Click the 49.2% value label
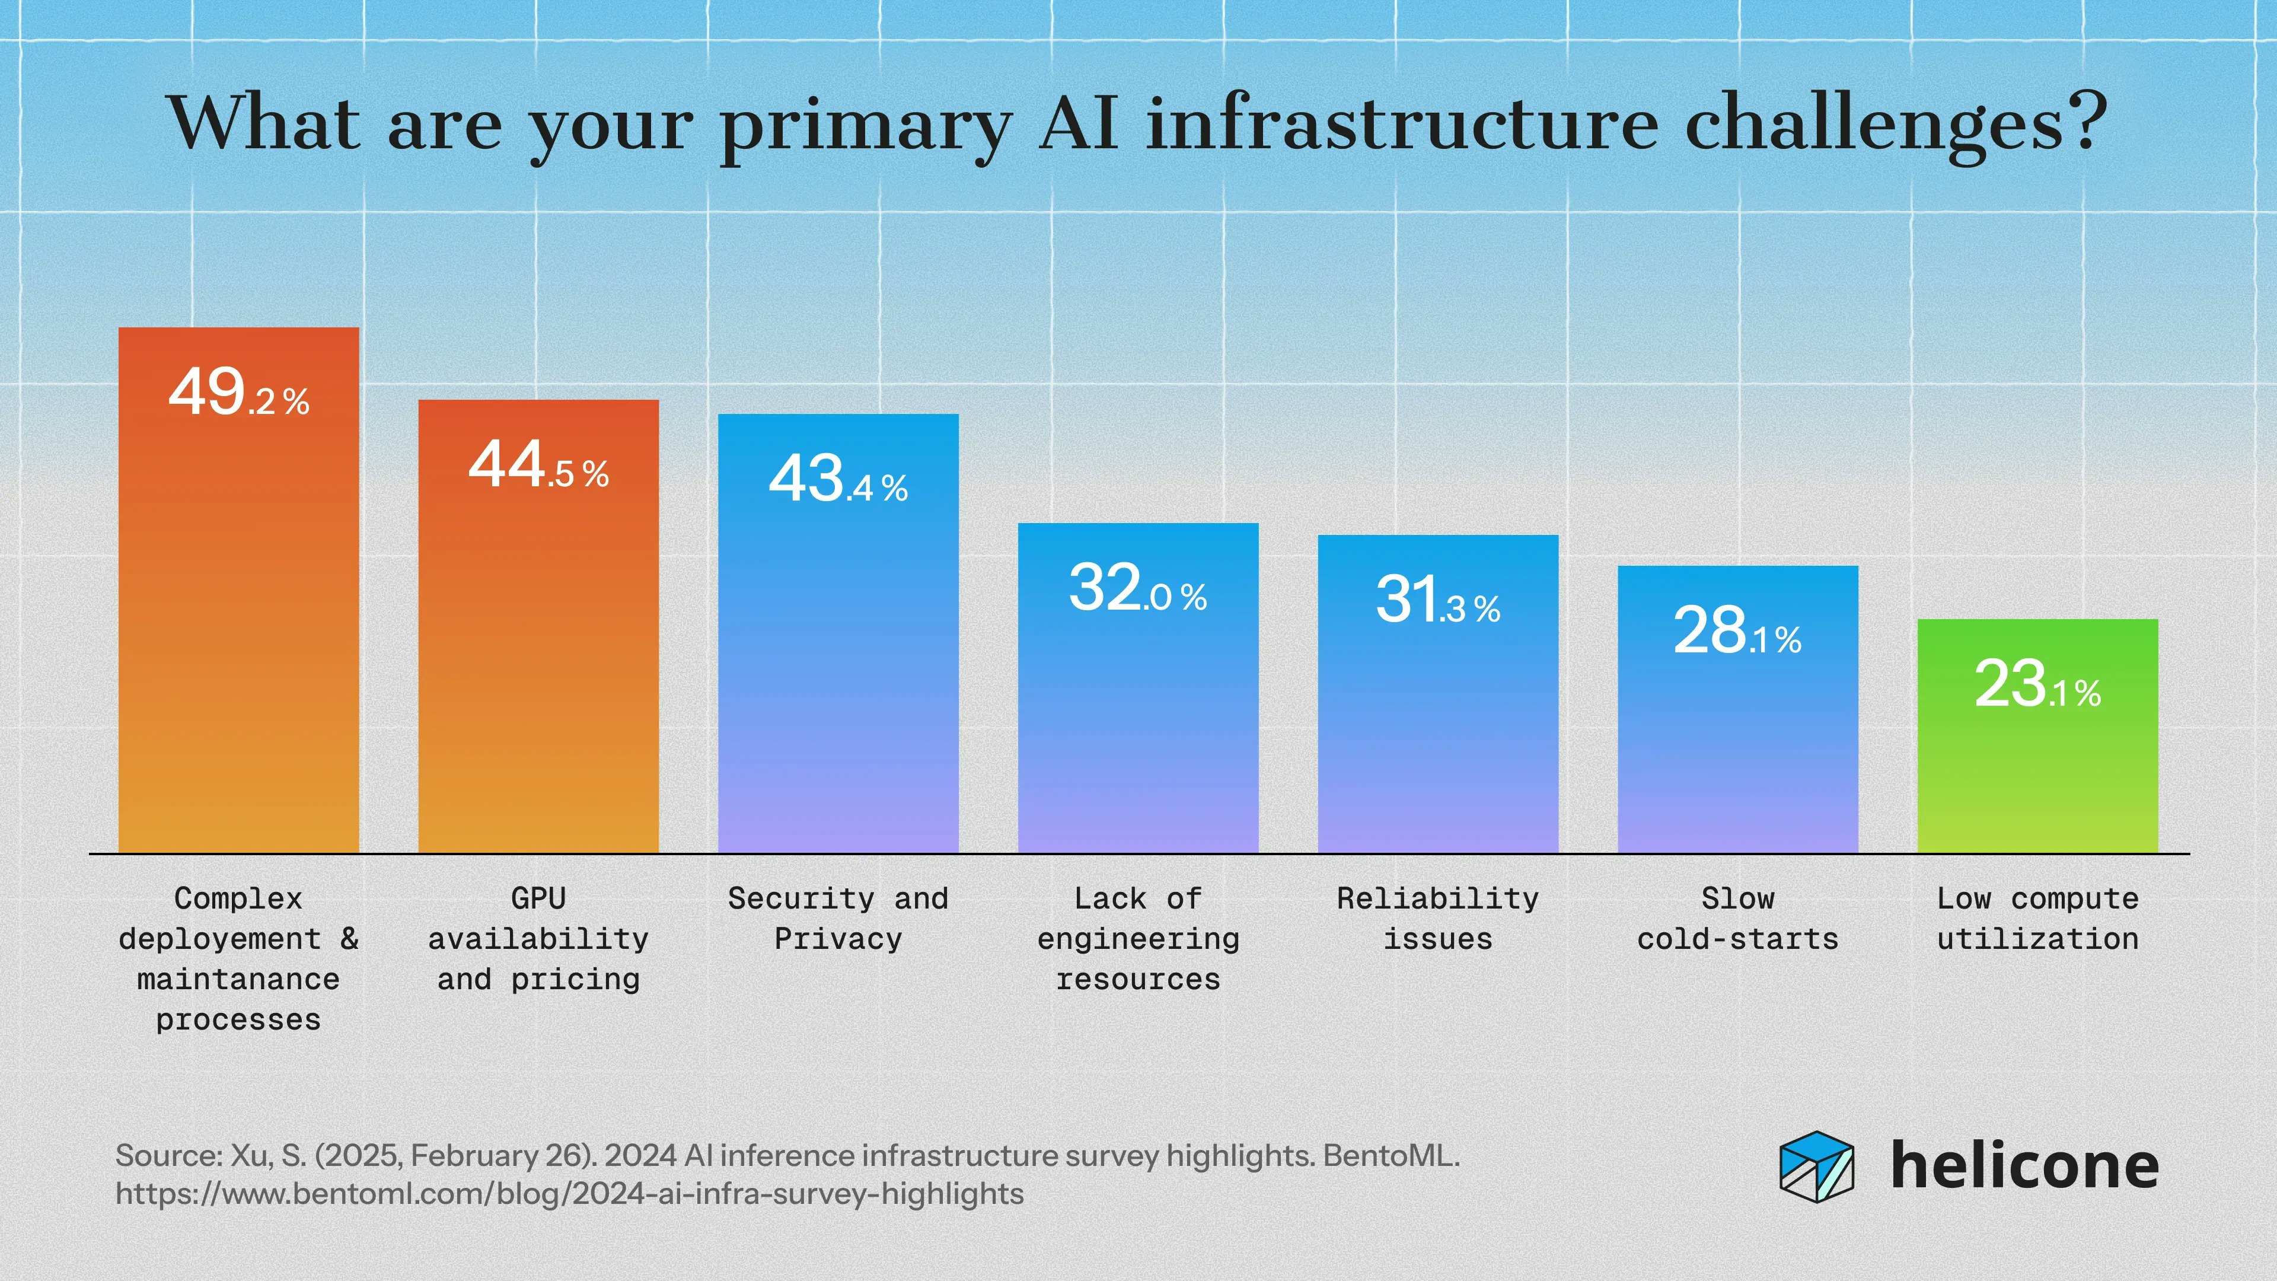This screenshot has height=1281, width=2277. tap(238, 393)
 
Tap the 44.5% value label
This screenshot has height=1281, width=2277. tap(538, 466)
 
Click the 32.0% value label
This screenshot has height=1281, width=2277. tap(1138, 589)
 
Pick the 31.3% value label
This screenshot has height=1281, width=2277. tap(1437, 601)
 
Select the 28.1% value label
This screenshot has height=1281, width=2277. tap(1737, 632)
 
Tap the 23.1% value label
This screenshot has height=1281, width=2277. tap(2037, 685)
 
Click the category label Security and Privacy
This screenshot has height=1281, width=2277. tap(838, 919)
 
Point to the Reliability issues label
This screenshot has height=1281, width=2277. tap(1437, 919)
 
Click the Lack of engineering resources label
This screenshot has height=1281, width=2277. tap(1138, 939)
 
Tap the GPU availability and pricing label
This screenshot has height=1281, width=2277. tap(538, 939)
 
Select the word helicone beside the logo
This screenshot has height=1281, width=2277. tap(2024, 1166)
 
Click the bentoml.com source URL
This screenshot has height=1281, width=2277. tap(569, 1194)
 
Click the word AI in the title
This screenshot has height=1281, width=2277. tap(1079, 124)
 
